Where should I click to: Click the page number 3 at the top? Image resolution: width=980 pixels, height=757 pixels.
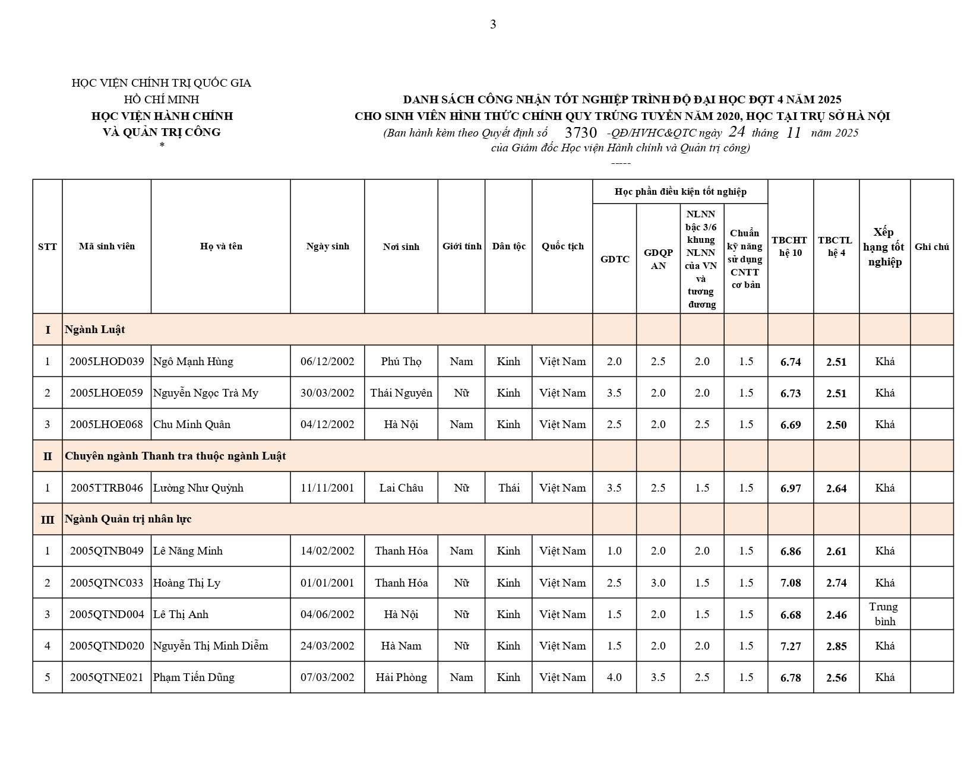(x=493, y=24)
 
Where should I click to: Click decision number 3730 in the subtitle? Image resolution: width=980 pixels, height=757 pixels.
(x=580, y=132)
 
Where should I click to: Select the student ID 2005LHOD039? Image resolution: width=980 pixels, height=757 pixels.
(x=106, y=361)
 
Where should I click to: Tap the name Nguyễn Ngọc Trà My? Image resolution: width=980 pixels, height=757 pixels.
(x=206, y=392)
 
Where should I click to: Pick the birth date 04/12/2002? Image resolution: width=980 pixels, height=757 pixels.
(x=327, y=424)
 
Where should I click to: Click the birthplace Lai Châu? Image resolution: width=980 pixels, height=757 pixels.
(x=401, y=487)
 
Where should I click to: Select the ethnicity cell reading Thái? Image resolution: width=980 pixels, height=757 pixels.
(x=508, y=487)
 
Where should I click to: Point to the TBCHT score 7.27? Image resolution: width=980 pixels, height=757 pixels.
(x=791, y=646)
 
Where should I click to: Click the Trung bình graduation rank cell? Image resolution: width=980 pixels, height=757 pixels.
(x=884, y=614)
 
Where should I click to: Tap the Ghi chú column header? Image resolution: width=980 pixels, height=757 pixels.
(x=931, y=246)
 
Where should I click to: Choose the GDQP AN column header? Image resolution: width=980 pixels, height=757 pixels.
(x=658, y=259)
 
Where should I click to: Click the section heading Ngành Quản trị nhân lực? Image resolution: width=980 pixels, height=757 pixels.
(x=128, y=518)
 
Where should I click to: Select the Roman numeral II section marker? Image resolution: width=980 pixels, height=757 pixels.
(x=48, y=456)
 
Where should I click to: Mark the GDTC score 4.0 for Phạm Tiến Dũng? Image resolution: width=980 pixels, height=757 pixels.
(x=614, y=677)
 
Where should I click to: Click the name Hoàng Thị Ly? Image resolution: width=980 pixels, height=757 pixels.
(x=186, y=582)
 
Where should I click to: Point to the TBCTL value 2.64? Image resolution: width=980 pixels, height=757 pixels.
(x=836, y=488)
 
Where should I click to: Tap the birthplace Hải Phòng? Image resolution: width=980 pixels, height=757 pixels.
(x=401, y=677)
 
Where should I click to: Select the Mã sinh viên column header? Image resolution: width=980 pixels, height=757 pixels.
(x=107, y=246)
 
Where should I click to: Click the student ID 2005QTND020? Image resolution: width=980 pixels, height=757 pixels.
(x=106, y=645)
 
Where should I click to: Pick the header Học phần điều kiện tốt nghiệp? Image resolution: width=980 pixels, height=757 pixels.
(x=680, y=191)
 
